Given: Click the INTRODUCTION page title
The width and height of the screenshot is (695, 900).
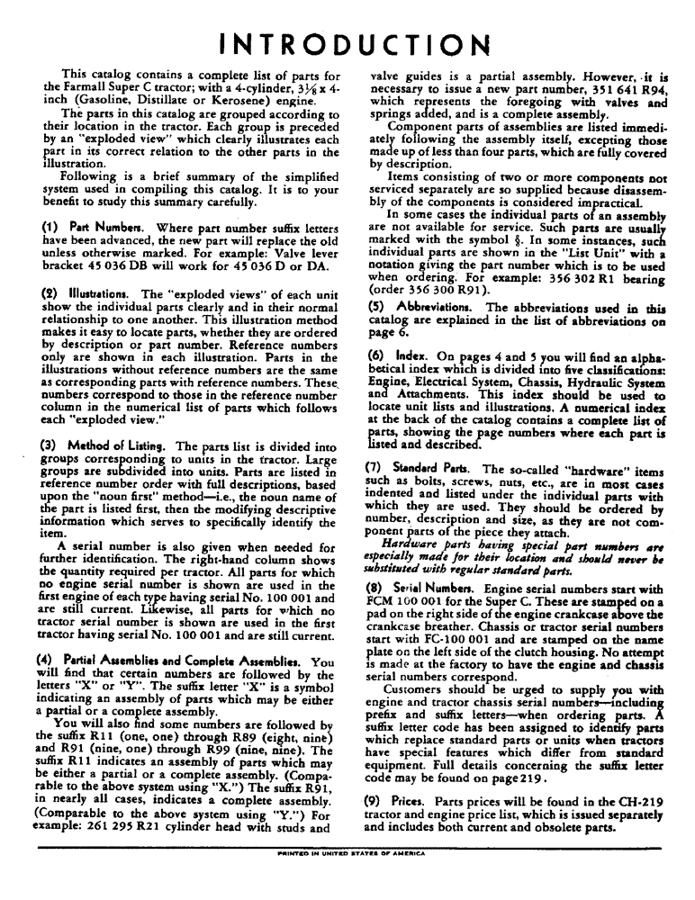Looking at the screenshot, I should (347, 43).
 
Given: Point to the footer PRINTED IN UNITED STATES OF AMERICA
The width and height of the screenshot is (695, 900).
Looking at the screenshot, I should (348, 848).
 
